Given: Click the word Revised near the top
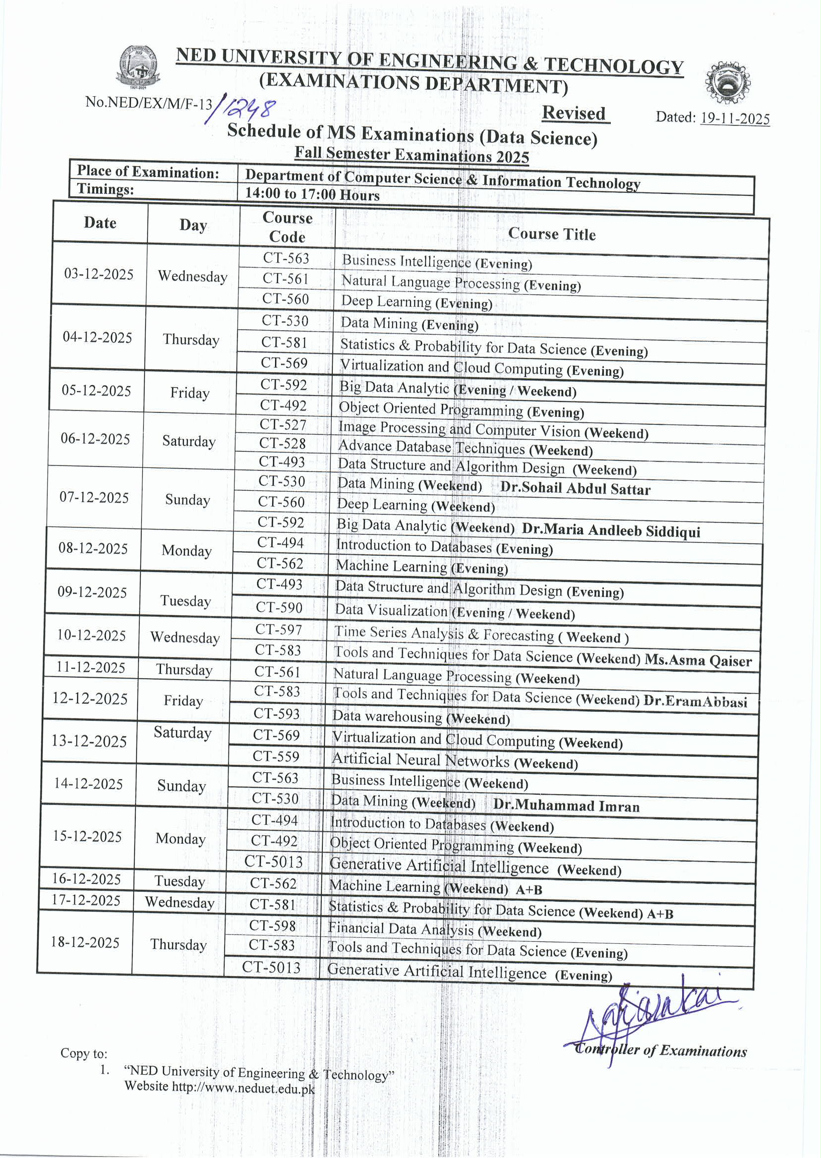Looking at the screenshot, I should [574, 113].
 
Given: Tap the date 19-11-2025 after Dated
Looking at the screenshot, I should [735, 119].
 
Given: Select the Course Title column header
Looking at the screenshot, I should [551, 234].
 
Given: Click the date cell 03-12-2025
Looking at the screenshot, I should [99, 275].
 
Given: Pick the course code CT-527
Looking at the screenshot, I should [283, 424].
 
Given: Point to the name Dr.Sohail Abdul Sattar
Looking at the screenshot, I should [575, 488].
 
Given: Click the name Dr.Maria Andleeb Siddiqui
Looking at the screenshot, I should [611, 530].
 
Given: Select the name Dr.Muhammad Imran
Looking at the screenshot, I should [566, 806].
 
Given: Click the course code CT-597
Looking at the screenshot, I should [279, 630].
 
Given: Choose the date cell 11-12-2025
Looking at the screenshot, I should [91, 668].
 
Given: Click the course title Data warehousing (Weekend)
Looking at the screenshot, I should [420, 717].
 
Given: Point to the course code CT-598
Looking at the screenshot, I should [273, 926].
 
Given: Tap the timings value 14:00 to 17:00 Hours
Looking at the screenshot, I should [312, 194].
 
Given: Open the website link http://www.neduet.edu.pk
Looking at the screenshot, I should [243, 1087].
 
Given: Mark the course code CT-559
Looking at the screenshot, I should [276, 756].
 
